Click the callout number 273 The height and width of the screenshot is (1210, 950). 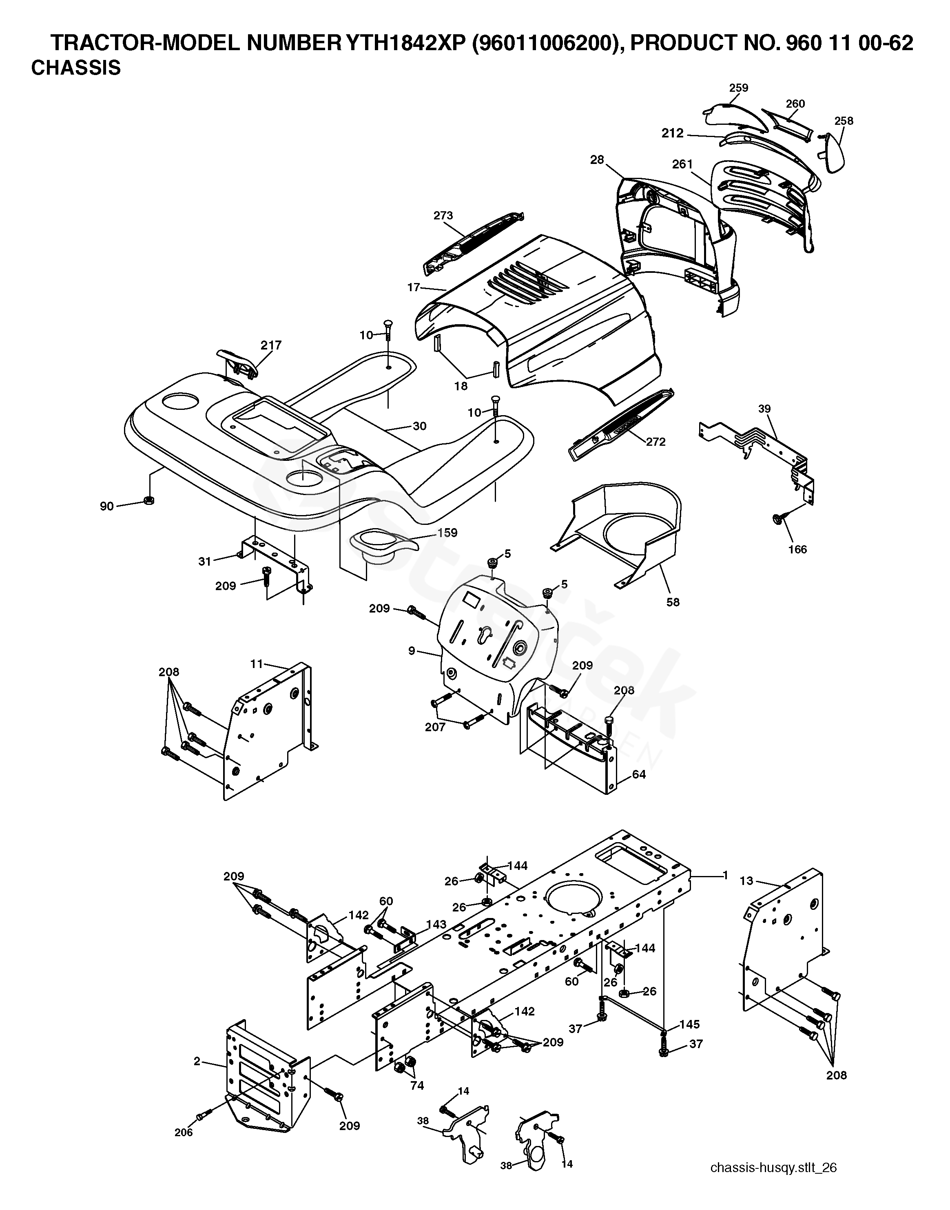click(x=443, y=215)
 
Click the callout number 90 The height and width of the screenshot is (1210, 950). click(x=107, y=506)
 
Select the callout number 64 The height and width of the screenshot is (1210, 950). click(x=639, y=774)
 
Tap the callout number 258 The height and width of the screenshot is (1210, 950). click(x=844, y=121)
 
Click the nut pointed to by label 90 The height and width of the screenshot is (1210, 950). click(x=148, y=500)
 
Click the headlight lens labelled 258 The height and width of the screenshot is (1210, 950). click(x=833, y=153)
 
